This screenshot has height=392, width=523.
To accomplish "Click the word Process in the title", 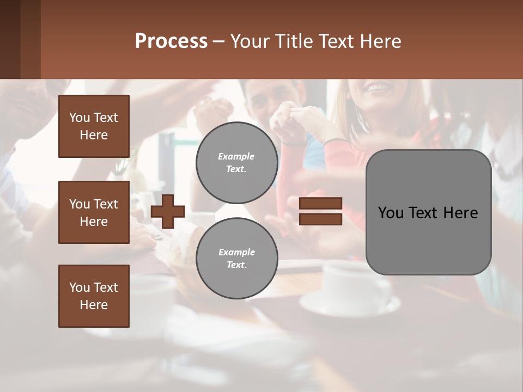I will pos(171,41).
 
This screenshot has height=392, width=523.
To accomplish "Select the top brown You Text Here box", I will pos(94,126).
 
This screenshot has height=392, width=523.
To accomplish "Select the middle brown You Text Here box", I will pos(94,212).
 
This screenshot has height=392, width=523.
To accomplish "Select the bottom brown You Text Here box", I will pos(94,296).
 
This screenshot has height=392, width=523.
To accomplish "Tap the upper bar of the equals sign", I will pos(321,203).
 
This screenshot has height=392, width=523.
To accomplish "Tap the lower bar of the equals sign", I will pos(321,219).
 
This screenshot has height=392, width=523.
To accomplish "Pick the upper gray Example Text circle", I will pos(236,163).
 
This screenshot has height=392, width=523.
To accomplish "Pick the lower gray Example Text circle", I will pos(236,259).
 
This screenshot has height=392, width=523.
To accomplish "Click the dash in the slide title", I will pos(218,41).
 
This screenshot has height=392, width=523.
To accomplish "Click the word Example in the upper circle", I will pos(236,156).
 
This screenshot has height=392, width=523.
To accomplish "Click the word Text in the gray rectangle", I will pos(419,213).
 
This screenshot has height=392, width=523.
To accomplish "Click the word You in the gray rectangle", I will pos(391,213).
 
